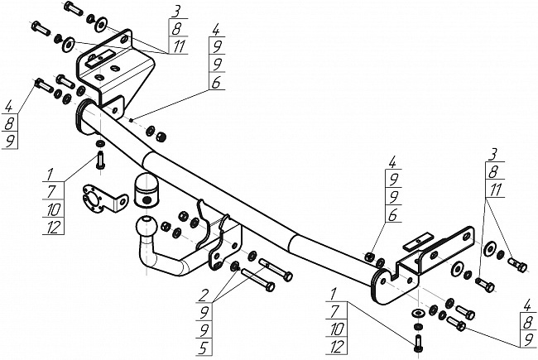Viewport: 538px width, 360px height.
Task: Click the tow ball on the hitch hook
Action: point(147,227)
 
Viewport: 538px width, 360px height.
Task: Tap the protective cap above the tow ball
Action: point(147,191)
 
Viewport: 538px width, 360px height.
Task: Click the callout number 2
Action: point(204,295)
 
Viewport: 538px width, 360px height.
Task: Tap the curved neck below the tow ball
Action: point(161,257)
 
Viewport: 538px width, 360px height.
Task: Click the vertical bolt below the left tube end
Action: point(100,160)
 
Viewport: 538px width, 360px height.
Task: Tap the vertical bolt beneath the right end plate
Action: point(418,343)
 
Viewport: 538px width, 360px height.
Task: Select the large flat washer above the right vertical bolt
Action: point(417,313)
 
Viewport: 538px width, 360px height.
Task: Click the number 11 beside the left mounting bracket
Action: point(179,46)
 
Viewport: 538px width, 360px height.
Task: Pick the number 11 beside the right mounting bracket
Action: point(495,190)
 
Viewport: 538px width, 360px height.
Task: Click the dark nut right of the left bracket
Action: point(161,137)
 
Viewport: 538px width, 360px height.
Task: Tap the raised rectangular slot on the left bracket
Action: point(100,58)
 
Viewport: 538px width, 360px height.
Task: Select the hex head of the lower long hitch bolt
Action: point(270,287)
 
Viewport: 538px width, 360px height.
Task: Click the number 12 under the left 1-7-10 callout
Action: point(53,228)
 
